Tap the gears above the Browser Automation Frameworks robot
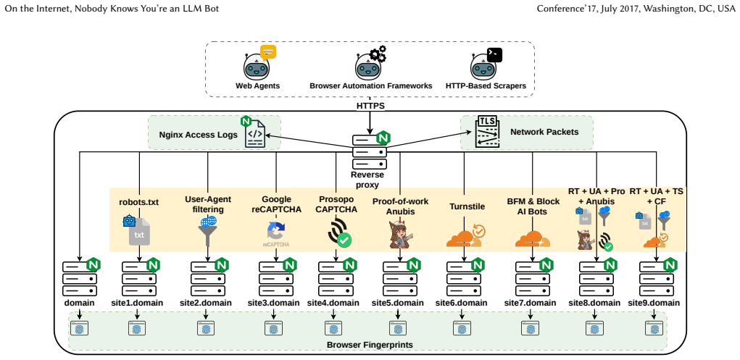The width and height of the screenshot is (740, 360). click(378, 54)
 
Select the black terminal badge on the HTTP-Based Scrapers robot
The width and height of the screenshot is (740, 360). click(494, 55)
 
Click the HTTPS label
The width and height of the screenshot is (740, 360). click(370, 106)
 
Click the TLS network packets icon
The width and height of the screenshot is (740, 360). click(487, 131)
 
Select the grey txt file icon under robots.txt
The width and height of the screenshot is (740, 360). click(139, 231)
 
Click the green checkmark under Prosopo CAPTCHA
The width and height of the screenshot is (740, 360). click(344, 240)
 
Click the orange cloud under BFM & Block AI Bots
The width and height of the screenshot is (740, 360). click(532, 239)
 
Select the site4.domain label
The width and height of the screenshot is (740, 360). click(333, 303)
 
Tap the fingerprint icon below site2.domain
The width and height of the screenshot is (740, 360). click(205, 327)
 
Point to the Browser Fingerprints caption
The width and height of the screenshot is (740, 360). click(370, 345)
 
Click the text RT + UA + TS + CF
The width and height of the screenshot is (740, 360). click(657, 196)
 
